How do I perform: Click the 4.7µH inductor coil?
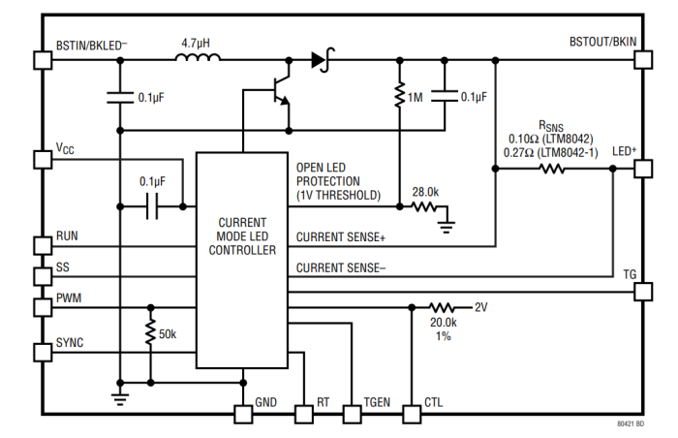click(198, 59)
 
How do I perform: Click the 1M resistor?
click(398, 96)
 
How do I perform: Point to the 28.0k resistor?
click(423, 205)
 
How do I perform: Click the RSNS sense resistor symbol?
click(552, 169)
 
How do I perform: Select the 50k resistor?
click(150, 333)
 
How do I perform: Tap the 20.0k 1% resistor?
click(442, 307)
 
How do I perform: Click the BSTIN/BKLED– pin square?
click(43, 59)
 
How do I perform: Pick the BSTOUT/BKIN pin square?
click(641, 59)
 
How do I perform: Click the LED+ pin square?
click(641, 169)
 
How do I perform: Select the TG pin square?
click(641, 291)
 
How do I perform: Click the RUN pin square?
click(43, 245)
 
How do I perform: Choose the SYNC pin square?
click(43, 352)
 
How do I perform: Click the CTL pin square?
click(412, 415)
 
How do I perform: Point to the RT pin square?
click(304, 415)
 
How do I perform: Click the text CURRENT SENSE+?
click(341, 237)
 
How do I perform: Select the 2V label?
click(481, 307)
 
